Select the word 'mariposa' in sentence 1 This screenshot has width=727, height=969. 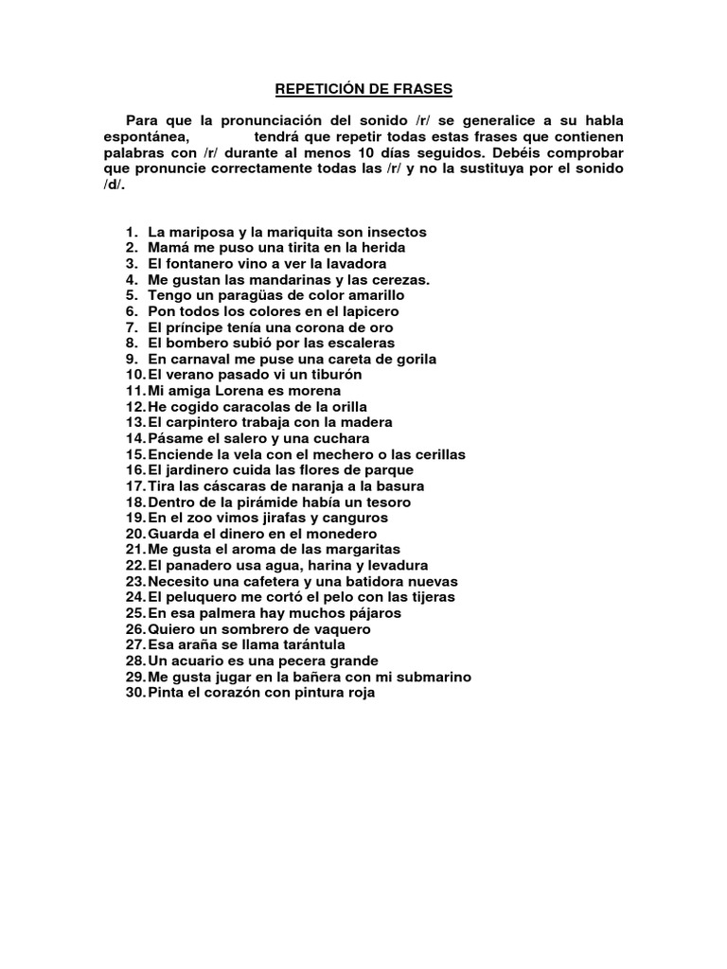pyautogui.click(x=198, y=232)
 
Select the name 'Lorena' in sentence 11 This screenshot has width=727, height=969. pyautogui.click(x=236, y=391)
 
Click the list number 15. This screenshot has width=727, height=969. pyautogui.click(x=133, y=454)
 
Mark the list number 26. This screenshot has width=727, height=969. pyautogui.click(x=133, y=629)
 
